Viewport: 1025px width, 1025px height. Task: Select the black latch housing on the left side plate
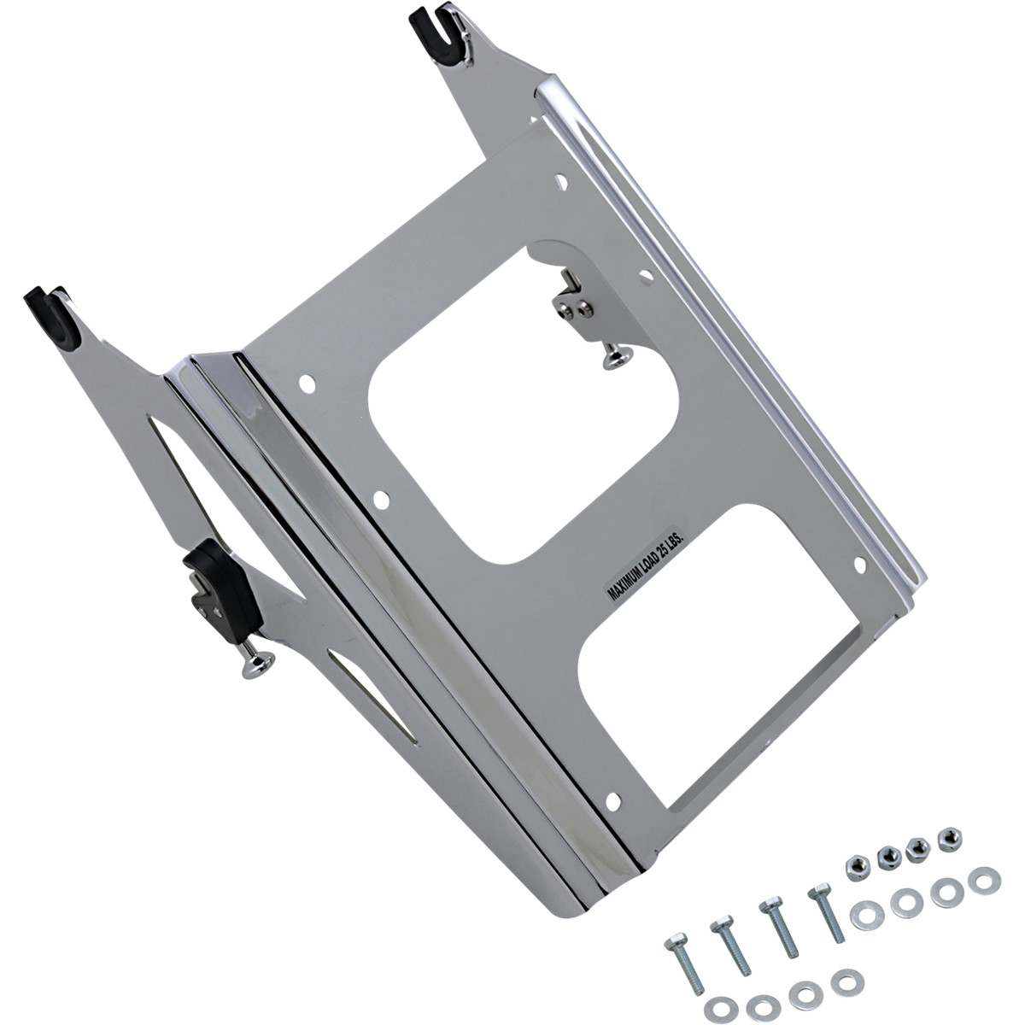click(x=220, y=584)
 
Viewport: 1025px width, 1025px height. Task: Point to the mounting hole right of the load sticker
click(x=859, y=564)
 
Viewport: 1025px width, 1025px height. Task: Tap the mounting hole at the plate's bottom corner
click(x=611, y=798)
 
